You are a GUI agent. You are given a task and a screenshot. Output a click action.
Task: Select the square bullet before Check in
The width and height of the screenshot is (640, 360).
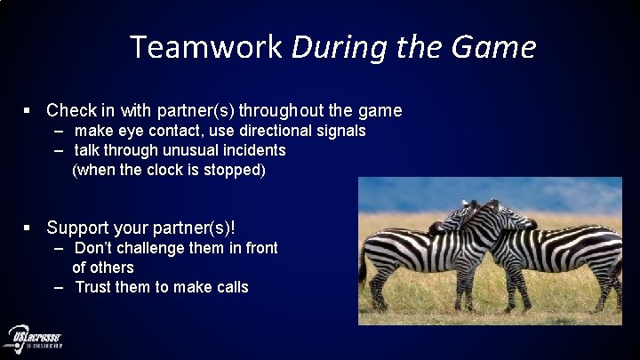click(28, 111)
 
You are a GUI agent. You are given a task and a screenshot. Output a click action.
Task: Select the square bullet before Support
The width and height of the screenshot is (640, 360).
click(28, 228)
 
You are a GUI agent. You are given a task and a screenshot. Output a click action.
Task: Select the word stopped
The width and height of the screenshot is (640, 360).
click(231, 170)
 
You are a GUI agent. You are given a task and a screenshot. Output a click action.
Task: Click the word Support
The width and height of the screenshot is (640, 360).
click(79, 228)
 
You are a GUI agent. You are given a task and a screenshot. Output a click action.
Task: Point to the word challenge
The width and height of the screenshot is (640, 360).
click(144, 248)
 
